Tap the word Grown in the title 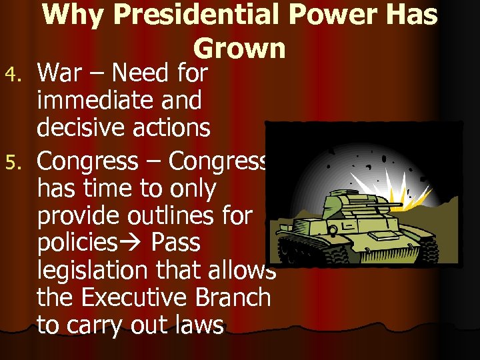click(x=239, y=47)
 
